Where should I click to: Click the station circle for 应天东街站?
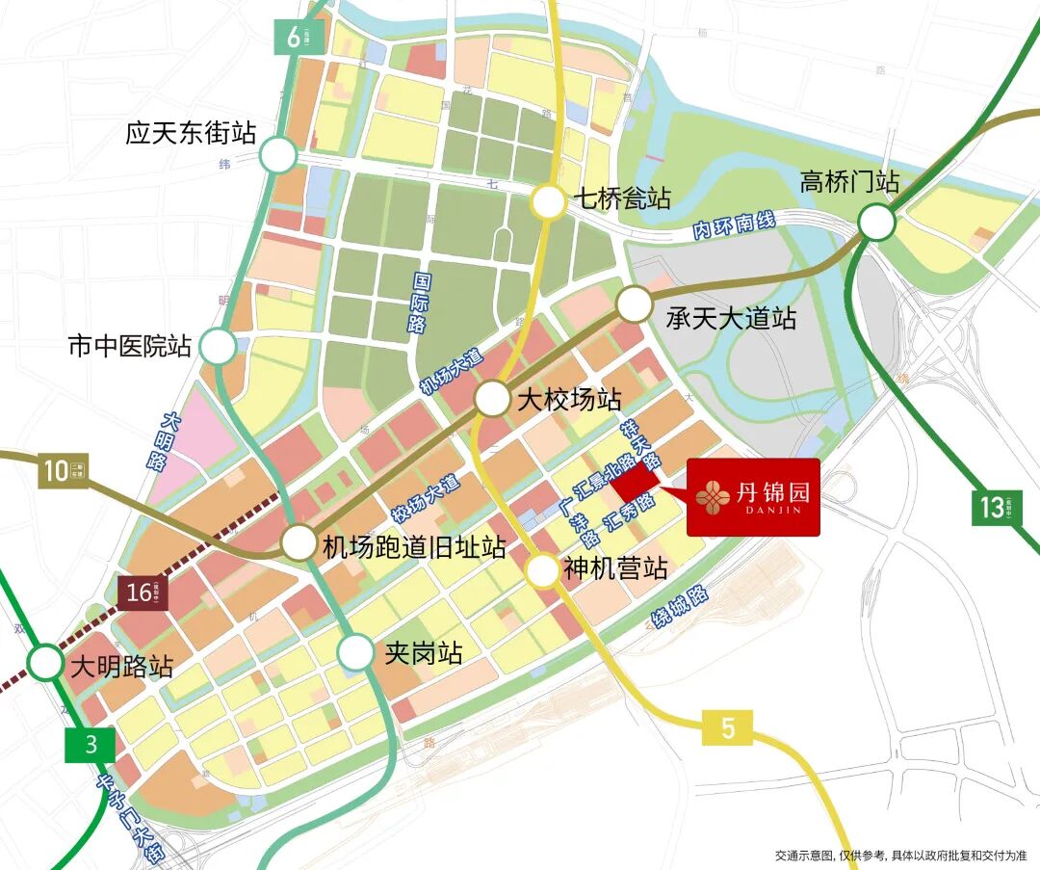[x=278, y=154]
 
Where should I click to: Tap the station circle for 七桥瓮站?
[x=549, y=202]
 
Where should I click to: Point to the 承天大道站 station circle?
[x=635, y=304]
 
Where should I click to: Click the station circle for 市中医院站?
[x=219, y=347]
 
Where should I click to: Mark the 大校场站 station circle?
[x=492, y=399]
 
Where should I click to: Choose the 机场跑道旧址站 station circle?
[x=299, y=543]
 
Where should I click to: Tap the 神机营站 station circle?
[x=543, y=570]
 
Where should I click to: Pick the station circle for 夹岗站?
[x=355, y=653]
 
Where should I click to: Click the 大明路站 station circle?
[x=44, y=663]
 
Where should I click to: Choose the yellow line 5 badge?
[x=728, y=728]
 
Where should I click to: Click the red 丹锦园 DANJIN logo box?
[x=752, y=497]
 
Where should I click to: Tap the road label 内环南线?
[x=734, y=227]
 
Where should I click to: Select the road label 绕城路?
[x=680, y=607]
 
